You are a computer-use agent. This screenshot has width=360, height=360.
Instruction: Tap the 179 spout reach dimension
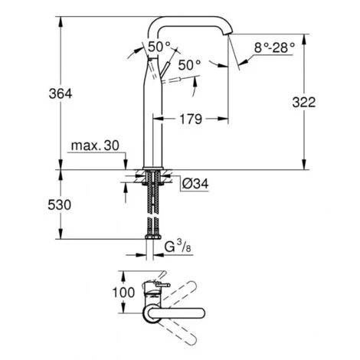coord(192,119)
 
